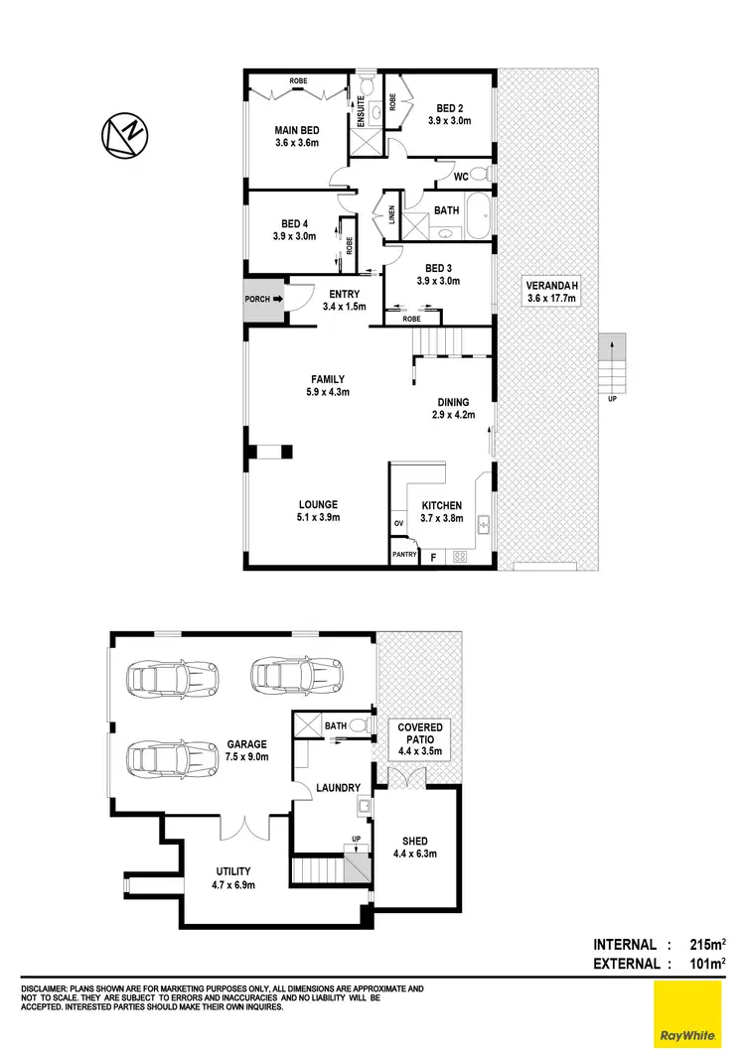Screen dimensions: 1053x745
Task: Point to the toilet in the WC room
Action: coord(481,177)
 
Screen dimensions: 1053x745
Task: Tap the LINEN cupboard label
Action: coord(391,216)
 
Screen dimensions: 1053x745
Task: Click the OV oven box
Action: coord(398,523)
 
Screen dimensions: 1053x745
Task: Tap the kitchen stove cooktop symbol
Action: coord(460,557)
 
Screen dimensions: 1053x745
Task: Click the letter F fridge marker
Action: coord(433,557)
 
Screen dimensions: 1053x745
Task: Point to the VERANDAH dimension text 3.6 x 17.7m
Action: coord(551,298)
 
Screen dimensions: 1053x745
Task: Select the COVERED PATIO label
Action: coord(421,734)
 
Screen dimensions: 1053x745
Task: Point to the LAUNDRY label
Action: coord(338,788)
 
